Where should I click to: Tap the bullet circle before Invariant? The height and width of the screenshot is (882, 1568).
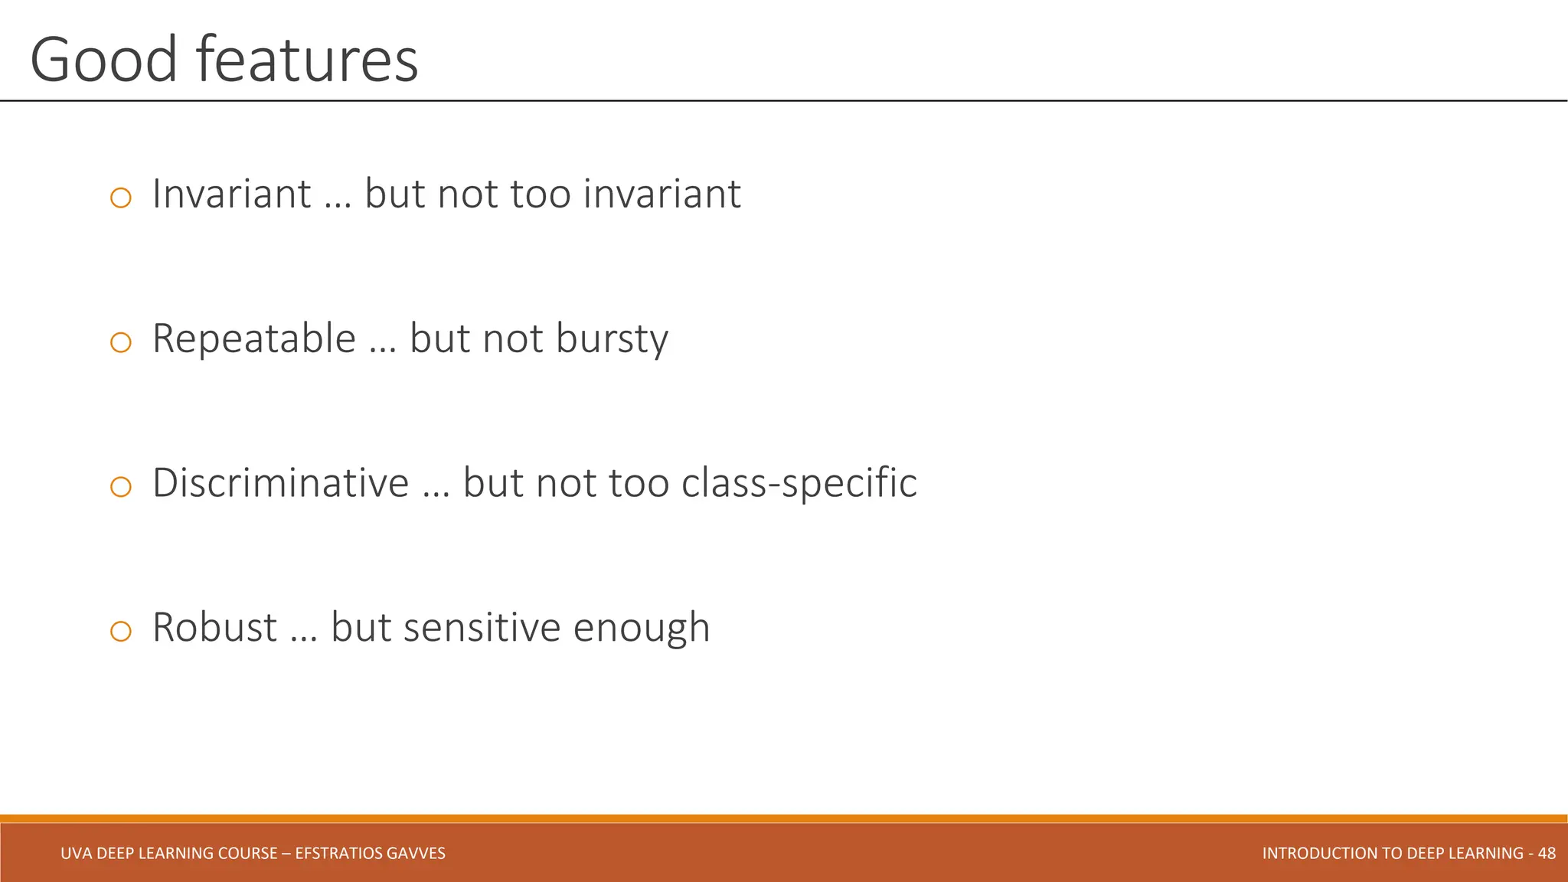[x=121, y=198]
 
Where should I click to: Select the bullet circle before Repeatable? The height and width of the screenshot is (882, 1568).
[x=121, y=342]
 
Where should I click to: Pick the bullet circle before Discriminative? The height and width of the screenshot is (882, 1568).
[x=121, y=486]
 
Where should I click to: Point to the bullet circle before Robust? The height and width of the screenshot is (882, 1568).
[x=121, y=631]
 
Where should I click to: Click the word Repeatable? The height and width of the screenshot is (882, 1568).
[x=254, y=339]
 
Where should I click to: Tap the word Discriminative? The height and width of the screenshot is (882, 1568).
[x=280, y=483]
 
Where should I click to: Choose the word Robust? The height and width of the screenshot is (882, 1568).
[x=214, y=628]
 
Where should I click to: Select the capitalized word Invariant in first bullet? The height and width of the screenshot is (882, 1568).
[x=231, y=194]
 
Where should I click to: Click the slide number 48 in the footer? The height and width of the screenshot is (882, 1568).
[x=1547, y=853]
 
